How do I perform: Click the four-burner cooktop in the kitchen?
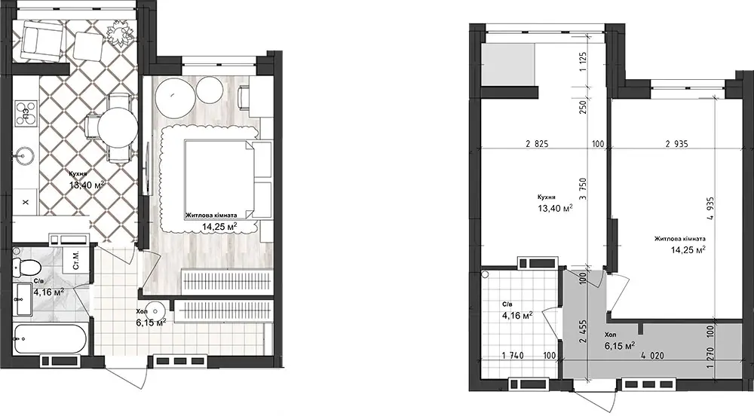tap(26, 114)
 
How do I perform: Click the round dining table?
tap(118, 127)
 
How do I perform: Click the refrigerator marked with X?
tap(26, 203)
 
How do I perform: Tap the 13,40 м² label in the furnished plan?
tap(87, 185)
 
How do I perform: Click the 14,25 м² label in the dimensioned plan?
tap(688, 249)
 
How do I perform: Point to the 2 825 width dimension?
tap(537, 143)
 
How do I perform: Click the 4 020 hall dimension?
tap(652, 356)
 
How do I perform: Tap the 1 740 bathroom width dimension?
tap(513, 356)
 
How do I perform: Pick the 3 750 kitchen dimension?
tap(583, 189)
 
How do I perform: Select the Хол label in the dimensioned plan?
tap(610, 335)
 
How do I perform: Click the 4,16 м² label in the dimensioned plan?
tap(517, 316)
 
